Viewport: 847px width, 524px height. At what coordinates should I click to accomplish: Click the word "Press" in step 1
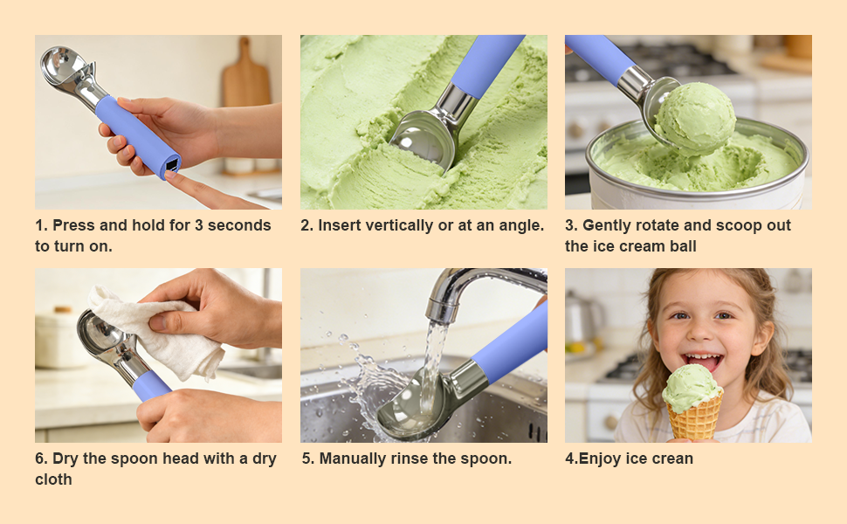click(x=72, y=225)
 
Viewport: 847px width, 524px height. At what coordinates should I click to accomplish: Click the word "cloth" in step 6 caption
click(x=53, y=479)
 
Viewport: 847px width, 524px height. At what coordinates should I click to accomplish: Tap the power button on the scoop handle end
click(x=172, y=164)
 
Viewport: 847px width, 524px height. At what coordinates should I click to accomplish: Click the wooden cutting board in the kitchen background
click(x=244, y=79)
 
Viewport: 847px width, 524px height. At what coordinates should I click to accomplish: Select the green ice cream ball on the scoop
click(x=695, y=117)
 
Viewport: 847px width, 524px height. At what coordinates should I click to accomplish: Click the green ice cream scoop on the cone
click(x=692, y=386)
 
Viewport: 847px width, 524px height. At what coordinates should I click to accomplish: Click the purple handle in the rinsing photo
click(x=515, y=341)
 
